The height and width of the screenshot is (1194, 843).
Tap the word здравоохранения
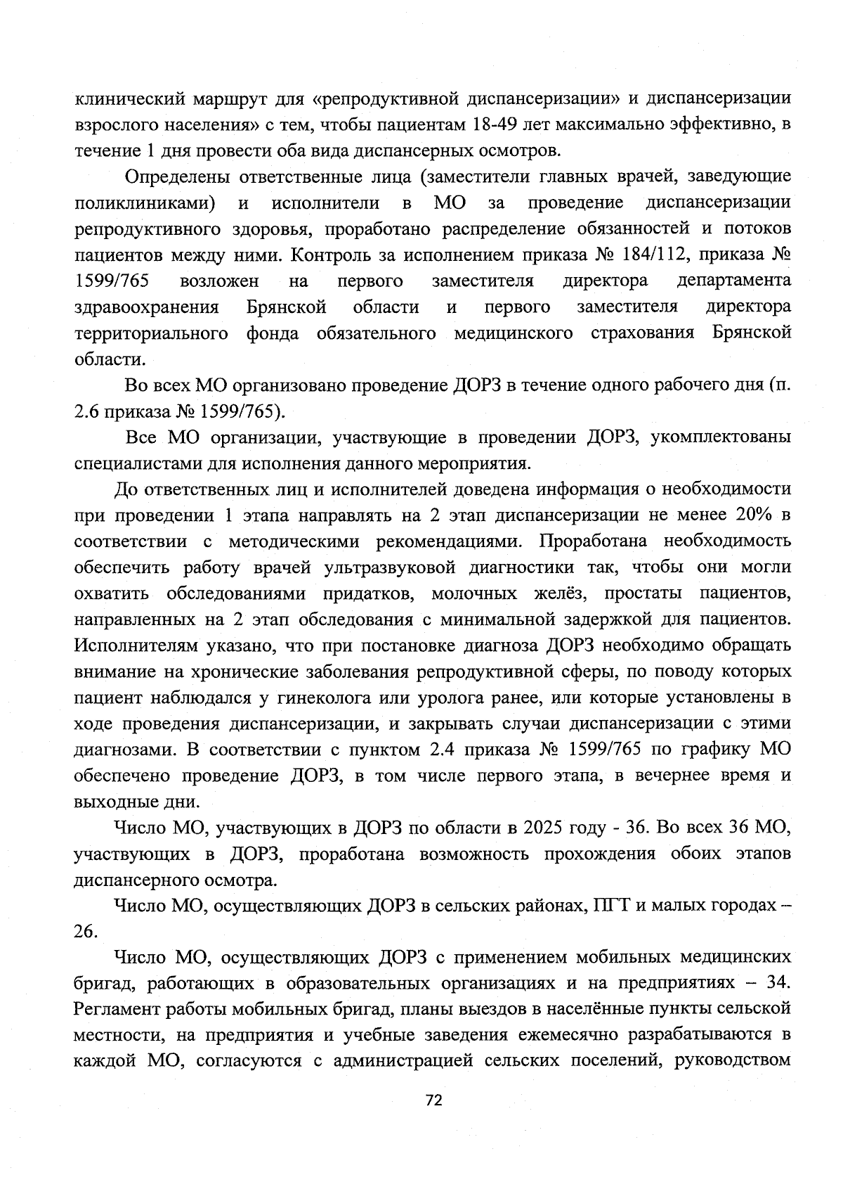pyautogui.click(x=147, y=307)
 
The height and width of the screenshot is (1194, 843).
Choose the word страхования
pyautogui.click(x=643, y=333)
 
